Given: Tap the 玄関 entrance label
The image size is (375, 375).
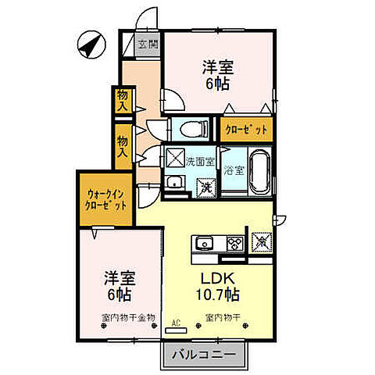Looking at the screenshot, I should [148, 45].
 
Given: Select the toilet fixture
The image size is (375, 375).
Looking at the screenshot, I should [187, 127].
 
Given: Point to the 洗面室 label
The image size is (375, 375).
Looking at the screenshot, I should [200, 162].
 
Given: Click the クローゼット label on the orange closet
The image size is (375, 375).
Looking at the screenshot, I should [247, 130].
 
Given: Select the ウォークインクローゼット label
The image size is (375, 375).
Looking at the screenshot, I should [106, 199].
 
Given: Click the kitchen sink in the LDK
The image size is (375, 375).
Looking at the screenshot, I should [205, 243].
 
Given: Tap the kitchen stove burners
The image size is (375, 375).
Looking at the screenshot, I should [234, 243].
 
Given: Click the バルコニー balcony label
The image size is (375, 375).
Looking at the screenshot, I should [205, 355].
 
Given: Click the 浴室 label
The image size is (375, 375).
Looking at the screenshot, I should [232, 169].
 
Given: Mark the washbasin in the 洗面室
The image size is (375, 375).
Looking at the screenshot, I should [175, 183].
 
